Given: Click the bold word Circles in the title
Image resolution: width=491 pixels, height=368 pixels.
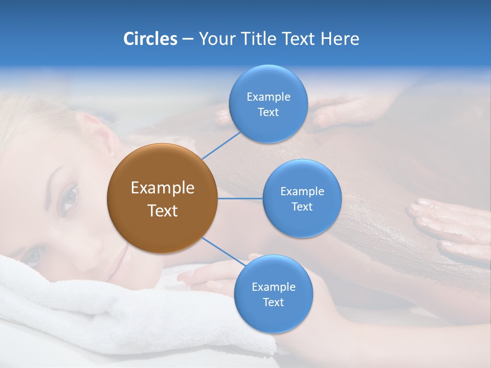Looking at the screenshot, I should click(x=150, y=39).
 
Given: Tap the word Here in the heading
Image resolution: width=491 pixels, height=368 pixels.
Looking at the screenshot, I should click(x=340, y=39).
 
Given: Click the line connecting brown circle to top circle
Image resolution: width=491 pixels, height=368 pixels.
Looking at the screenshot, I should click(x=220, y=145).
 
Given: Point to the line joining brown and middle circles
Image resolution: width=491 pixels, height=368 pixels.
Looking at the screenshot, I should click(x=240, y=198).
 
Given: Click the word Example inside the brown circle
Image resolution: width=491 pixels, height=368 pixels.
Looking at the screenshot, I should click(x=162, y=188).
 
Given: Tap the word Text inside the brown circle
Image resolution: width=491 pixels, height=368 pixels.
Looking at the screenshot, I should click(x=162, y=211).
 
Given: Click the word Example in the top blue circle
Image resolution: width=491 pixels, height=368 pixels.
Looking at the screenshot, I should click(x=268, y=97).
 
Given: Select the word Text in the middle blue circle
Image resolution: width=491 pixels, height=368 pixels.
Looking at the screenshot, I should click(x=302, y=207).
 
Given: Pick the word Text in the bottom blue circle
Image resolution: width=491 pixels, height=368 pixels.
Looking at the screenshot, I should click(x=273, y=303).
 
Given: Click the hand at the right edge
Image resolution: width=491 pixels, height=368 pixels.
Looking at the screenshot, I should click(x=450, y=225).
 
